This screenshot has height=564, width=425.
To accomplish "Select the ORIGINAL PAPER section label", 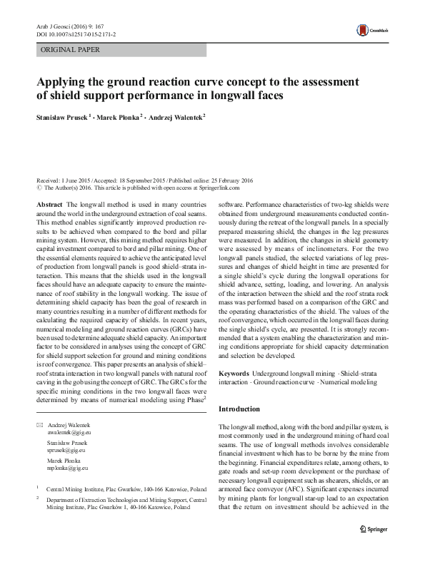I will point(71,50).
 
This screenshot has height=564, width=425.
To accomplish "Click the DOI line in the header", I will point(75,34).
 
